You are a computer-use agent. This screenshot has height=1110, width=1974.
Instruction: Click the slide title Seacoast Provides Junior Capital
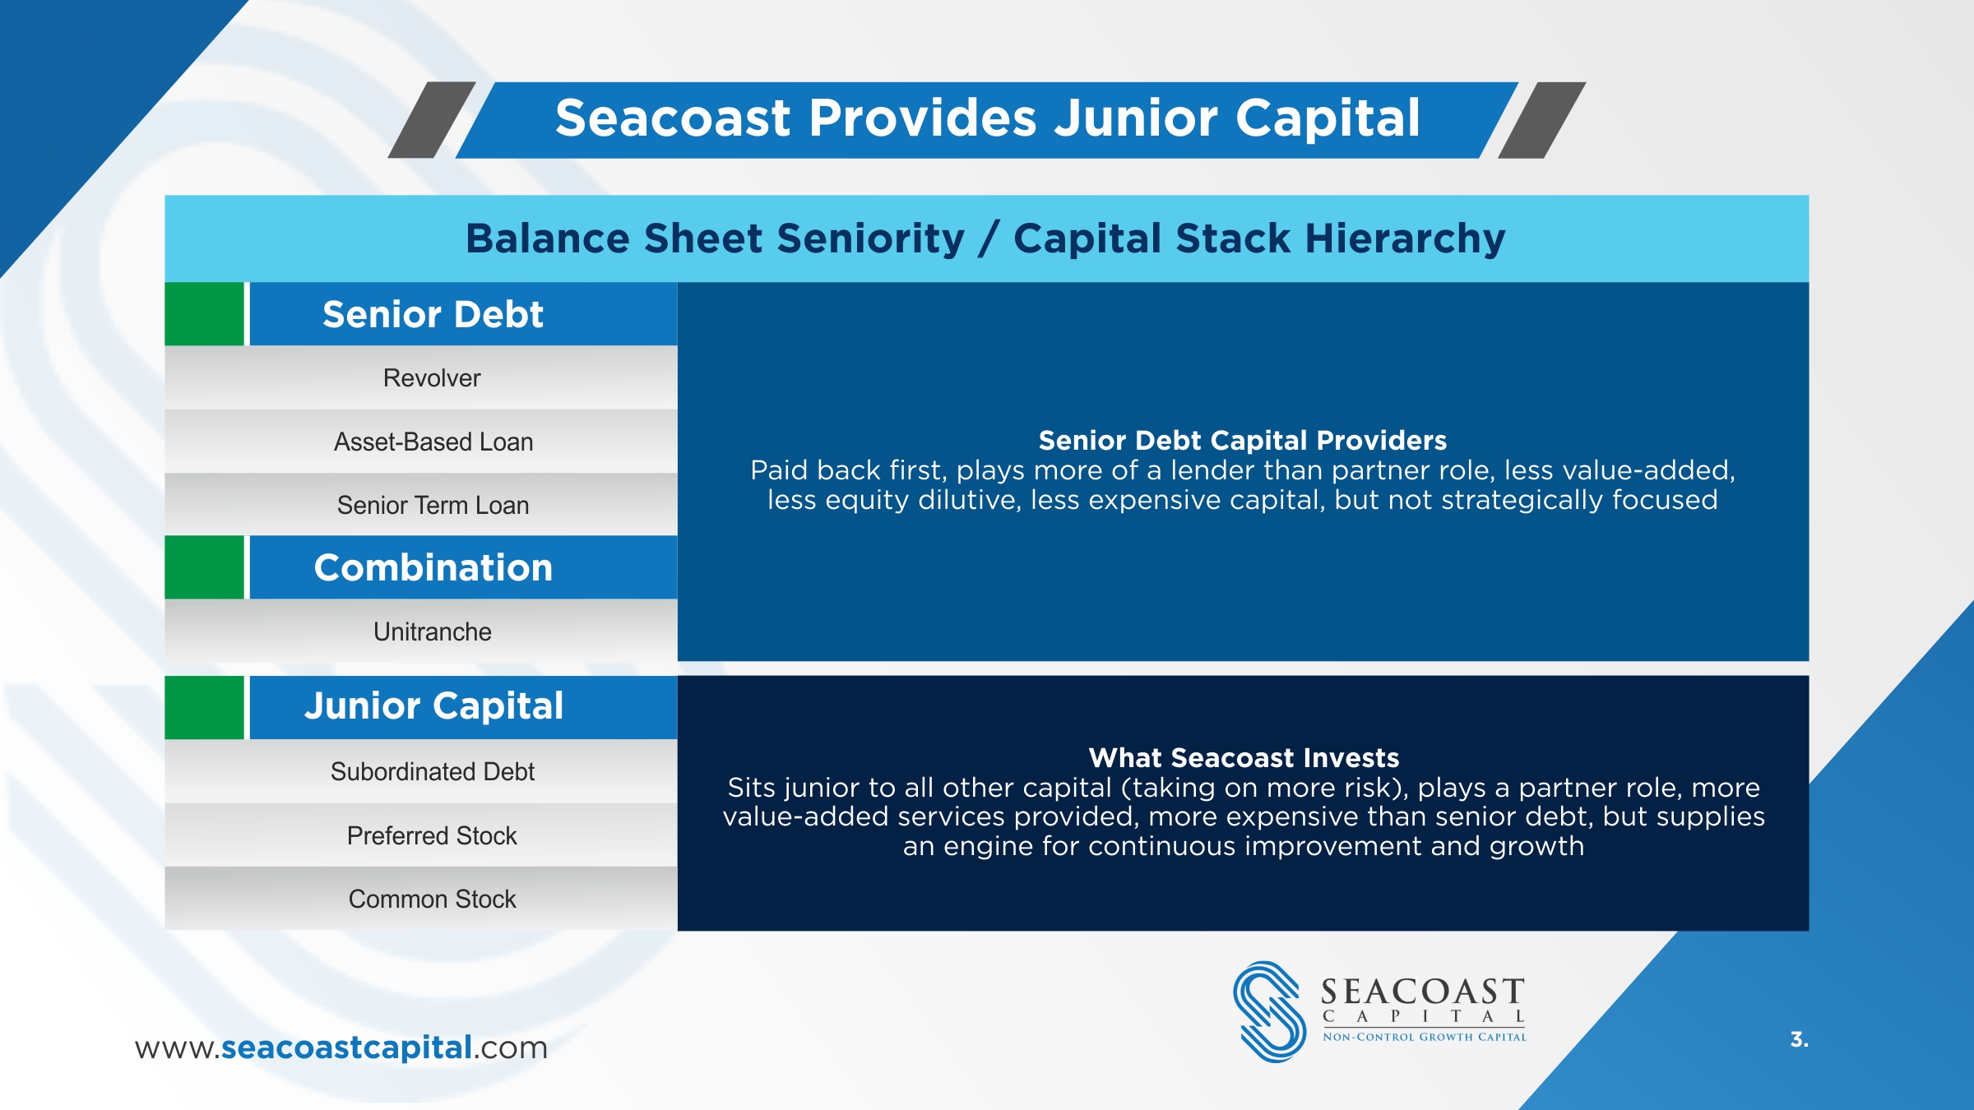(x=987, y=118)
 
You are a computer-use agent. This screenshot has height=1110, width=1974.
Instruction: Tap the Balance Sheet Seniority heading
(x=985, y=238)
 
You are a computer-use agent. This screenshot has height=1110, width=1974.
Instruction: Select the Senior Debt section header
(x=463, y=314)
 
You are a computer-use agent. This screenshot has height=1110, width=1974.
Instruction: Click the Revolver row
(x=421, y=378)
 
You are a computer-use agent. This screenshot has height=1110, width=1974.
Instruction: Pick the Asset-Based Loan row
(x=421, y=442)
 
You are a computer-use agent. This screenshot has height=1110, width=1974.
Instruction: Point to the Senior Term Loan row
(x=421, y=505)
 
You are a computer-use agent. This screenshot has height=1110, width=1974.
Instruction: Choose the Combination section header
(x=463, y=567)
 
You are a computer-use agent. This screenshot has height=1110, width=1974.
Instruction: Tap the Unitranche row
(x=421, y=631)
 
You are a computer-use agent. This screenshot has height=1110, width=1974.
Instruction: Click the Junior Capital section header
(x=463, y=707)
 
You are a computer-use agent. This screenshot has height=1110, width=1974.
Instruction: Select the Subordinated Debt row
(x=421, y=771)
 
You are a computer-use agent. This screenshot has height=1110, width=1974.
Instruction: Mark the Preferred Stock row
(x=421, y=835)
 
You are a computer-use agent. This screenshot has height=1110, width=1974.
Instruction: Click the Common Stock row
(x=421, y=899)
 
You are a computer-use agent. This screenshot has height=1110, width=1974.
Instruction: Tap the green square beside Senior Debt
(x=204, y=314)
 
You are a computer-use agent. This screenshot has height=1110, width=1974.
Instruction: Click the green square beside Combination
(x=204, y=567)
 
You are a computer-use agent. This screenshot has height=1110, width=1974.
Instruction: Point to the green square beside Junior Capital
(x=204, y=707)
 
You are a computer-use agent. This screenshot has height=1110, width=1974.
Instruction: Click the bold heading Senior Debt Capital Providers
(x=1242, y=441)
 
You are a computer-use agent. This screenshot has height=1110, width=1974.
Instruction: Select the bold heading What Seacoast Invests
(x=1244, y=757)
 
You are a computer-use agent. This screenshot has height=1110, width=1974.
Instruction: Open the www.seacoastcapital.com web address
(x=341, y=1048)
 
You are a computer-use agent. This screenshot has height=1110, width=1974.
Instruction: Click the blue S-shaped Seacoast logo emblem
(x=1269, y=1011)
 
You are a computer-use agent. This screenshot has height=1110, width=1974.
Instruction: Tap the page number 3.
(x=1800, y=1039)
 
